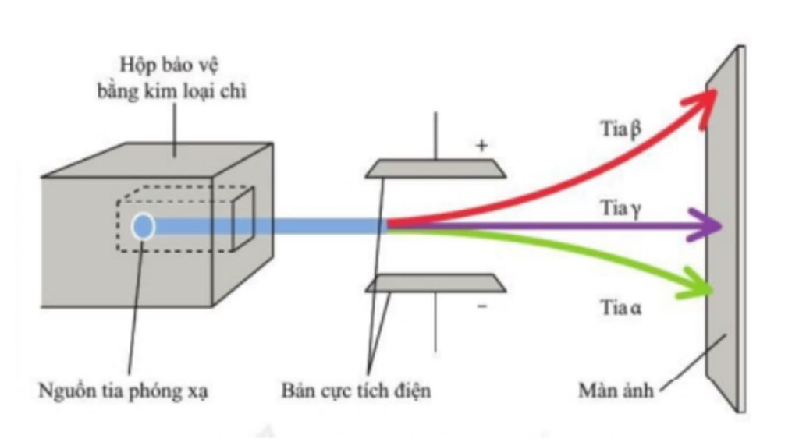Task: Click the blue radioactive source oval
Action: click(143, 226)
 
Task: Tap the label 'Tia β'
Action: click(620, 128)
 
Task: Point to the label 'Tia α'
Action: click(621, 307)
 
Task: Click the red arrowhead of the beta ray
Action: click(706, 101)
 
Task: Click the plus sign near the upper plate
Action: click(481, 146)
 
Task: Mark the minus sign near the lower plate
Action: click(481, 306)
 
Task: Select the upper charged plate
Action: click(436, 169)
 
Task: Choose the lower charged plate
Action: click(436, 283)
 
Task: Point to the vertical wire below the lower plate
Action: click(435, 324)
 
